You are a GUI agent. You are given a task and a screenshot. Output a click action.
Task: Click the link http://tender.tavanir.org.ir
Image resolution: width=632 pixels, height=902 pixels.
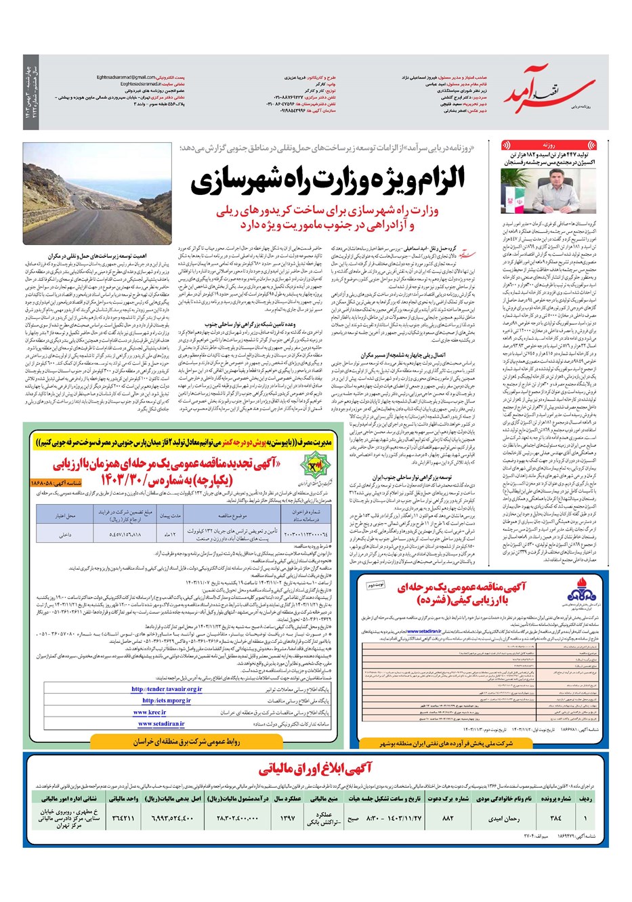pos(167,690)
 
